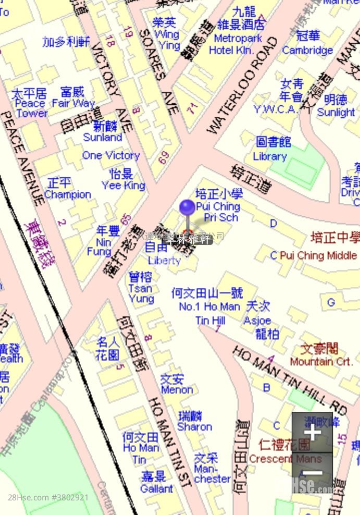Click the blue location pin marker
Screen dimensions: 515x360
[x=188, y=208]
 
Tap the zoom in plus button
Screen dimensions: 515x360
[x=312, y=433]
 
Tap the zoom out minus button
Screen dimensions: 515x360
[x=312, y=472]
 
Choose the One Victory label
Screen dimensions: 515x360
[x=110, y=155]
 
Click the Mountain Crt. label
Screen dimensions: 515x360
[x=321, y=361]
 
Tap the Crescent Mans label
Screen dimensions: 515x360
[x=285, y=459]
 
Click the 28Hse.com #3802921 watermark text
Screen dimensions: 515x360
[x=48, y=497]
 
